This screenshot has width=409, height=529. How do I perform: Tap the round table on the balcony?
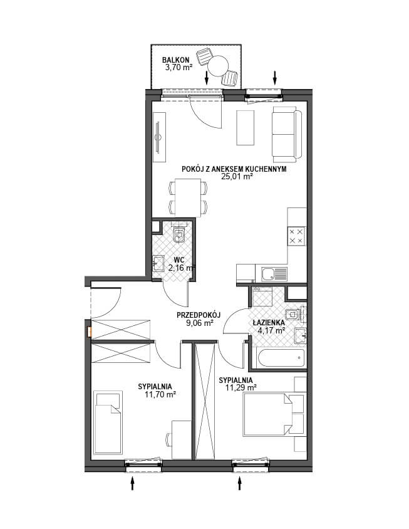tap(218, 66)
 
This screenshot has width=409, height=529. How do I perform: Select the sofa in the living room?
tap(287, 134)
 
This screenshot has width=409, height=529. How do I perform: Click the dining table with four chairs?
tap(188, 197)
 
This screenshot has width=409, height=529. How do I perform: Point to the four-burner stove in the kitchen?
tap(296, 236)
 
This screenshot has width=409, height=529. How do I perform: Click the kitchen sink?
tap(274, 274)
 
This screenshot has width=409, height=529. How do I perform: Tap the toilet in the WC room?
tap(179, 233)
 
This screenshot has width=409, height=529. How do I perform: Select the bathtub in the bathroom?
tap(281, 359)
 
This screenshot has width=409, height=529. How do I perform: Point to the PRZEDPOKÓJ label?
tap(199, 315)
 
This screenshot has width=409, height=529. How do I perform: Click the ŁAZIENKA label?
tap(269, 323)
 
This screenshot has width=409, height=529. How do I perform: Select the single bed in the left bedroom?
tap(108, 422)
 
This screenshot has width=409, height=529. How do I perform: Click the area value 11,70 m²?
tap(160, 394)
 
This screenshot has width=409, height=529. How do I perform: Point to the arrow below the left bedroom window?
tap(132, 483)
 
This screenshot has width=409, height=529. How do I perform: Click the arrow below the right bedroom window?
tap(240, 483)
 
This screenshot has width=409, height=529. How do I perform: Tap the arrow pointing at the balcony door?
tap(207, 78)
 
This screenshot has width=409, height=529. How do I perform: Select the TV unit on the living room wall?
tap(159, 137)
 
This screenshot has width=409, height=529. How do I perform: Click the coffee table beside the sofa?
tap(245, 127)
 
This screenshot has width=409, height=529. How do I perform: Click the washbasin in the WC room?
tap(158, 263)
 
